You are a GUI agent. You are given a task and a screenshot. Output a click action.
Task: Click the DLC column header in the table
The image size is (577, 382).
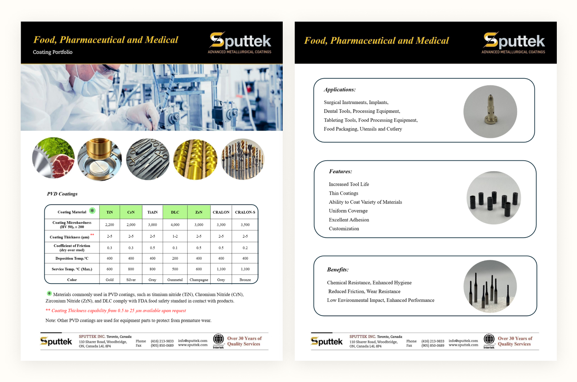[x=175, y=212]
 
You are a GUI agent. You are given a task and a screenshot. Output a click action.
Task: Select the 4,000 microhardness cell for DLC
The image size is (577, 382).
[x=175, y=225]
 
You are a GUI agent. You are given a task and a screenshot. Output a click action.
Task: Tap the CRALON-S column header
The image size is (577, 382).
[x=245, y=212]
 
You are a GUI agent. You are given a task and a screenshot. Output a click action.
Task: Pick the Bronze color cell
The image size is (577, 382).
[x=245, y=280]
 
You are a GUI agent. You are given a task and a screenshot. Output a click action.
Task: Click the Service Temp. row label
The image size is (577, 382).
[x=72, y=269]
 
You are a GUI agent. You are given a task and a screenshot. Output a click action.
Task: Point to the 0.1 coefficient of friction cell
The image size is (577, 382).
[x=175, y=248]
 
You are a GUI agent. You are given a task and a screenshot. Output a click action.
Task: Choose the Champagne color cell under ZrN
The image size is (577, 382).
[x=199, y=280]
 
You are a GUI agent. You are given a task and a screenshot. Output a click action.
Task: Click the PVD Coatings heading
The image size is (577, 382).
[x=62, y=194]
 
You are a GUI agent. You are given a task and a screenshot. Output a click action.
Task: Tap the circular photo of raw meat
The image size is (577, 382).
[x=53, y=158]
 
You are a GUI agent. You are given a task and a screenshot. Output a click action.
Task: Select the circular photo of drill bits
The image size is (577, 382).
[x=242, y=159]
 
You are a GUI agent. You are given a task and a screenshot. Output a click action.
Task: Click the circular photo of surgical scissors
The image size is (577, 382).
[x=148, y=159]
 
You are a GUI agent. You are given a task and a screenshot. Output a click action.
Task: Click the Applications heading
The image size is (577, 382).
[x=339, y=89]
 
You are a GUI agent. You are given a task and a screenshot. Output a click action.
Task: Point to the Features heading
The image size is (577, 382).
[x=340, y=171]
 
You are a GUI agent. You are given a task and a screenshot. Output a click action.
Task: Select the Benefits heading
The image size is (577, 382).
[x=338, y=269]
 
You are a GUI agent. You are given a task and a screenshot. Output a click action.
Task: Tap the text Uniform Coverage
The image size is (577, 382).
[x=348, y=211]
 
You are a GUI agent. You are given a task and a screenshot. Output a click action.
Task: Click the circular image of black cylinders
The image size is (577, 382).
[x=493, y=198]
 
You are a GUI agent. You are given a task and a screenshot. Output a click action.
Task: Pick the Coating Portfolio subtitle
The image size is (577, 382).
[x=53, y=52]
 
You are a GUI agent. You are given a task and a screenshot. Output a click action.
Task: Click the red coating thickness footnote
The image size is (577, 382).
[x=116, y=311]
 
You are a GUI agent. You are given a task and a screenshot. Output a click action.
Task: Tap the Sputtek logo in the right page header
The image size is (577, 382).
[x=514, y=43]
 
